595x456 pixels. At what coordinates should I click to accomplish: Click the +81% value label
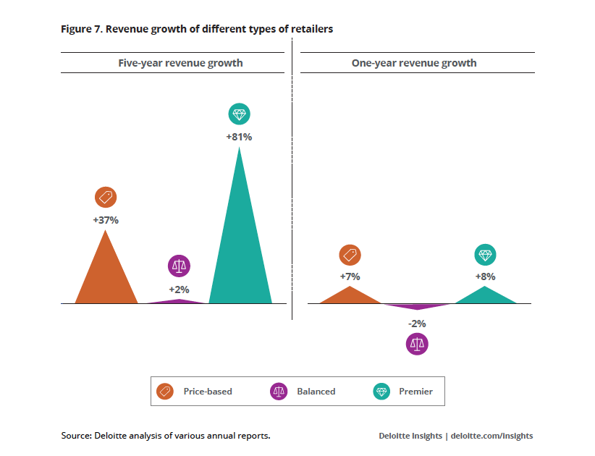point(240,136)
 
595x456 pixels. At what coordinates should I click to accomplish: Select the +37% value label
point(106,220)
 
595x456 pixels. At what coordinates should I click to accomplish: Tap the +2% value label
point(179,290)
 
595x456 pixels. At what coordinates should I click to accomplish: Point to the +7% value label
point(350,276)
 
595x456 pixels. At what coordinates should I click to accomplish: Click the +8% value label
point(485,276)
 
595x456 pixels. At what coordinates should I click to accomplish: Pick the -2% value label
point(417,324)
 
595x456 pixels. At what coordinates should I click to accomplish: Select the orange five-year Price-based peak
point(106,275)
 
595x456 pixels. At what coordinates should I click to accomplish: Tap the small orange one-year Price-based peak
point(350,296)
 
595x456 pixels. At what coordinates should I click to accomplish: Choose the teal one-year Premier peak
point(485,296)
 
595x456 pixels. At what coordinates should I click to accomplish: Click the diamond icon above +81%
point(240,114)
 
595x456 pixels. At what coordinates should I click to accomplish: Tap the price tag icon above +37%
point(106,198)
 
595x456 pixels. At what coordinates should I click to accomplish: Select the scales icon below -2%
point(417,344)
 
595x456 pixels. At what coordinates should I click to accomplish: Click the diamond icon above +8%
point(485,255)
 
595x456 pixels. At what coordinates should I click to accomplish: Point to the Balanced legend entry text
point(316,392)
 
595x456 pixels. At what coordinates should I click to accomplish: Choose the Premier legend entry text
point(415,392)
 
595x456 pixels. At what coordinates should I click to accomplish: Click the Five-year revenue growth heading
point(180,63)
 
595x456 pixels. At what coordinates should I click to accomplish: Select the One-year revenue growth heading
point(414,63)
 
